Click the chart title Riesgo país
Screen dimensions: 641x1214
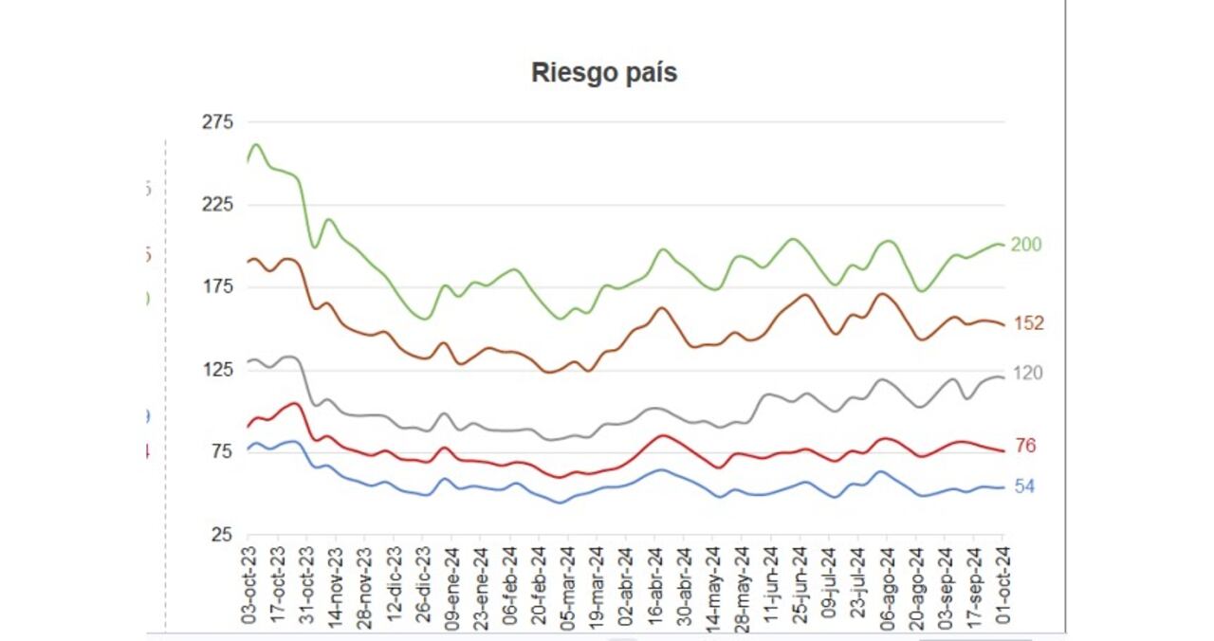tap(604, 73)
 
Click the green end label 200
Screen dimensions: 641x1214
tap(1026, 245)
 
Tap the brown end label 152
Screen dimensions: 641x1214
tap(1028, 323)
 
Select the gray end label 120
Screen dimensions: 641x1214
tap(1028, 374)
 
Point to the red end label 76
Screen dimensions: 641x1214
tap(1025, 446)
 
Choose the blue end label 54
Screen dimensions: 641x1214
tap(1025, 486)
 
